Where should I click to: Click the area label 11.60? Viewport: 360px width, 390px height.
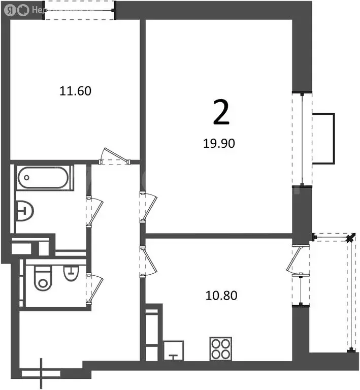pyautogui.click(x=75, y=91)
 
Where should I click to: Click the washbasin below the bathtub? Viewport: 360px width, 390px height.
pyautogui.click(x=24, y=211)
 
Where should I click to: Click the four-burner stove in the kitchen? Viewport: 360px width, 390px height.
pyautogui.click(x=221, y=349)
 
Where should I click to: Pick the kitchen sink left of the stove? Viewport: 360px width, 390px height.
pyautogui.click(x=174, y=350)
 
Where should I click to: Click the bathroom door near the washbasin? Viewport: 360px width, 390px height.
pyautogui.click(x=94, y=211)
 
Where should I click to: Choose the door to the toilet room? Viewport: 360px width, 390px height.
pyautogui.click(x=94, y=288)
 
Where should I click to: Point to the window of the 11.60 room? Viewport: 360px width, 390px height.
pyautogui.click(x=80, y=10)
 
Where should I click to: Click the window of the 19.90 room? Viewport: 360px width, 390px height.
pyautogui.click(x=302, y=139)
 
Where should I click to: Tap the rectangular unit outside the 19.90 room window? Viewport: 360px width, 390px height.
pyautogui.click(x=324, y=139)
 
